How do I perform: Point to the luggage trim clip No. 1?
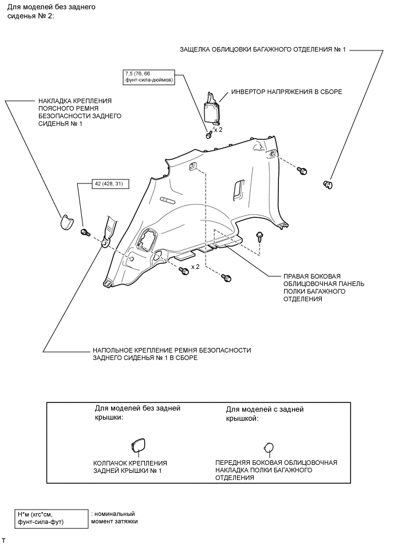point(329,183)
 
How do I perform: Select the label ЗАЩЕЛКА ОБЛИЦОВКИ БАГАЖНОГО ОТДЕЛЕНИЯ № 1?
point(263,50)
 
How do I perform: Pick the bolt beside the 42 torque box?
point(86,232)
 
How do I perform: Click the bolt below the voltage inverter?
point(208,135)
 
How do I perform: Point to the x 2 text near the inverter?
point(218,130)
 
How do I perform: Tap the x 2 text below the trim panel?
point(195,267)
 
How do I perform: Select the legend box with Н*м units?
point(51,518)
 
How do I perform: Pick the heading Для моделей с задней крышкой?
point(265,414)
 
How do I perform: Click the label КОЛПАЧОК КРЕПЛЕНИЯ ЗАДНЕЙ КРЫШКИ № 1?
point(130,467)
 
